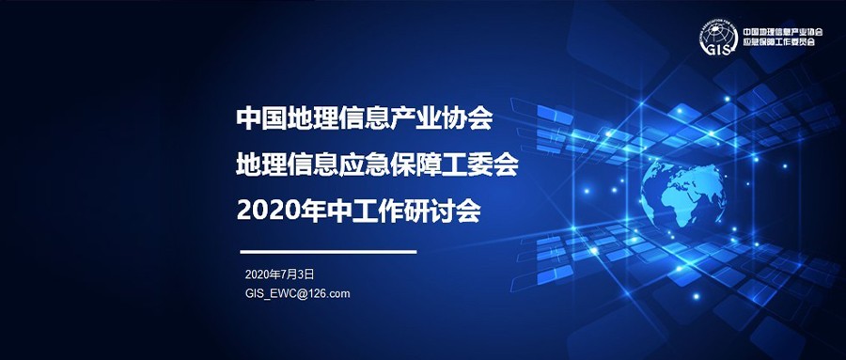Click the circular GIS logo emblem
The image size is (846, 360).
pos(718,37)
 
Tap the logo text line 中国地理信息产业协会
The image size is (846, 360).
pos(783,31)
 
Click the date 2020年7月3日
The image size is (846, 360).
pos(278,274)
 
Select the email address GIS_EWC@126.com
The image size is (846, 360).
pos(297,293)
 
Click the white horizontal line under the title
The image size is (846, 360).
pos(328,252)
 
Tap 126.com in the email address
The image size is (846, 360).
pos(331,293)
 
